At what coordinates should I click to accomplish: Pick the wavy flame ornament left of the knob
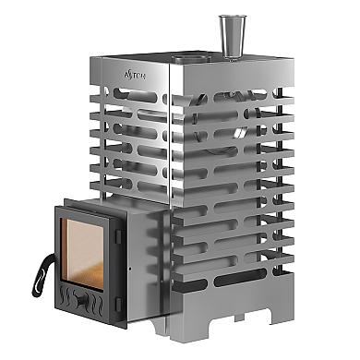coord(65,298)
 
